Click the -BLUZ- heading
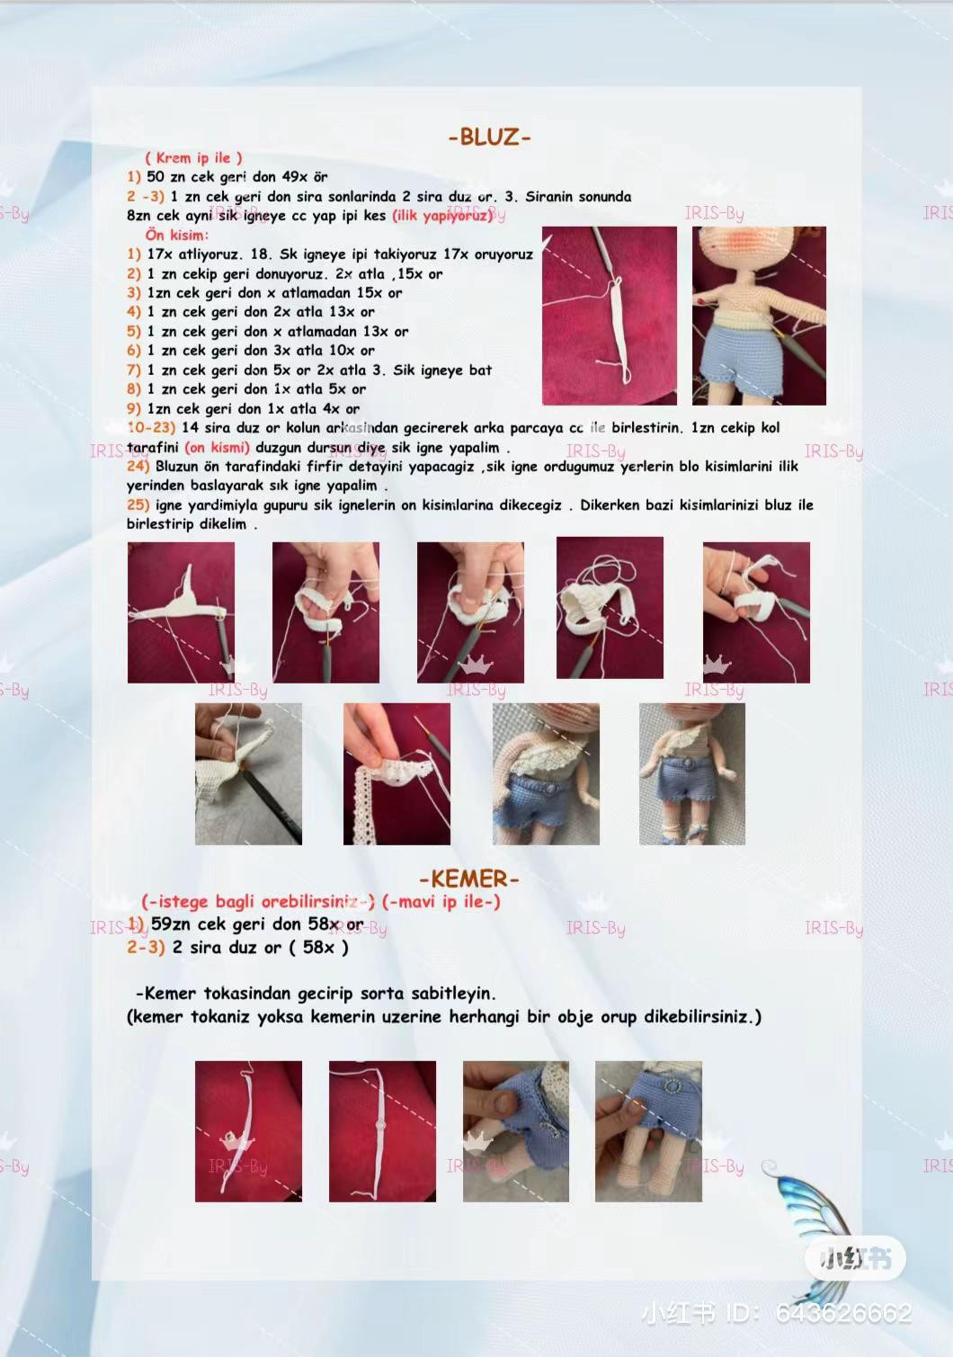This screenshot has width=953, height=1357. point(490,138)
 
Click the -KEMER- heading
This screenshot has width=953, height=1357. point(468,879)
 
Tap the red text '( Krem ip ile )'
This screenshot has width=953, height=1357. point(193,157)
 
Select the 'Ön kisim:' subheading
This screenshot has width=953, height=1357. point(176,235)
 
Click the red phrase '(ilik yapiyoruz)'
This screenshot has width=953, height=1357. point(441,216)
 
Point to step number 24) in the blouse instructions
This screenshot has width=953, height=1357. point(138,467)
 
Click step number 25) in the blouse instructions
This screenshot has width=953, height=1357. point(138,505)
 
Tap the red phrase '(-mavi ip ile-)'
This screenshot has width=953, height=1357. point(441,901)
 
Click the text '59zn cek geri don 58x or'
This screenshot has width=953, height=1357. point(256,924)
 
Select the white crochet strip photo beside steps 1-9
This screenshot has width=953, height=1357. point(609,316)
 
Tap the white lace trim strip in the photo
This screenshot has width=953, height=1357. point(368,791)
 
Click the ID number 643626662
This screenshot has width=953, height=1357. point(842,1314)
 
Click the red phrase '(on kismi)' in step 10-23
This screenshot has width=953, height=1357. point(217,448)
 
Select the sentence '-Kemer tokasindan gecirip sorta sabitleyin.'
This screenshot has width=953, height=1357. point(316,994)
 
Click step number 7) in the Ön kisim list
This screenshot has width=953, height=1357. point(134,370)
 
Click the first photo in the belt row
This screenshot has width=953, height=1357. point(248,1131)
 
